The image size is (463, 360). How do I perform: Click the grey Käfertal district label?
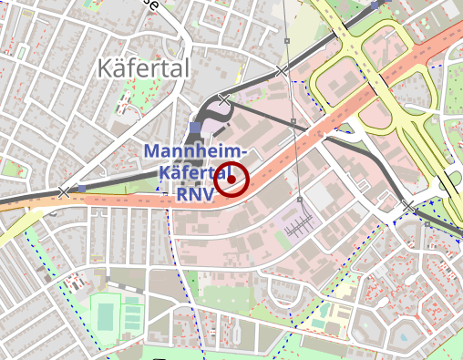click(x=142, y=68)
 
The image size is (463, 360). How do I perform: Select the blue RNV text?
click(x=195, y=193)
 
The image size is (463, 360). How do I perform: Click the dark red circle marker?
click(x=232, y=180)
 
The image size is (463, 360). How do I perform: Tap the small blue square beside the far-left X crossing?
click(x=82, y=190)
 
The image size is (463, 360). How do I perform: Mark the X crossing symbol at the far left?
click(x=63, y=192)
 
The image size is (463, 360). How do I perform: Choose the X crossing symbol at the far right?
click(x=408, y=207)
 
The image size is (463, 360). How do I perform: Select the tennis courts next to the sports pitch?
click(x=133, y=315)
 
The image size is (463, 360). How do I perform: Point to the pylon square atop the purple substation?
click(x=298, y=196)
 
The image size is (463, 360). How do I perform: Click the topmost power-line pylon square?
click(x=287, y=42)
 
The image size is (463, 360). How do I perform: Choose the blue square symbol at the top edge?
click(x=375, y=5)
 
